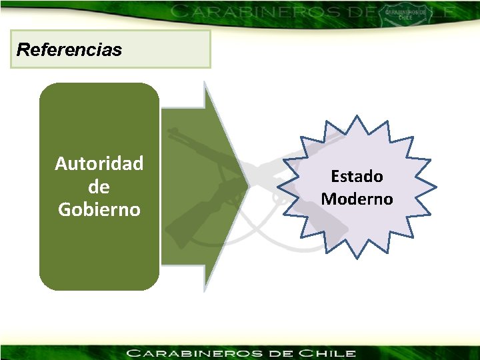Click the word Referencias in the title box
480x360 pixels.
pos(69,50)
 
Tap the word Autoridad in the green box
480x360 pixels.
pos(99,164)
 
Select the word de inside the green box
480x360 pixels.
pos(99,187)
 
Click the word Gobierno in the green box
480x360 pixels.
pos(99,209)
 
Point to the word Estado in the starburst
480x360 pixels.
pos(357,177)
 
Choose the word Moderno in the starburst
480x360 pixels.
pos(357,199)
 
